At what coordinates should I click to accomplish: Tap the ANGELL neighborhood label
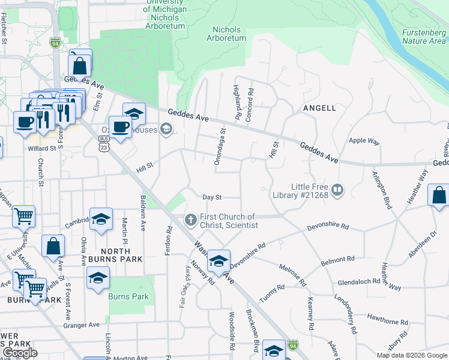[x=319, y=108]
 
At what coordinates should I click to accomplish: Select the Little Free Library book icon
[x=338, y=191]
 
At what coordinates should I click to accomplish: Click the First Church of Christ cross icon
[x=191, y=220]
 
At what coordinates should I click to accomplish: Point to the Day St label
[x=212, y=197]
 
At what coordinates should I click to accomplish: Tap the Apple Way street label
[x=364, y=141]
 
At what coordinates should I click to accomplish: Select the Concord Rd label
[x=250, y=103]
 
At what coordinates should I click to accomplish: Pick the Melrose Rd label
[x=293, y=273]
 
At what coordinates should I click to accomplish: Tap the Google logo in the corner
[x=20, y=353]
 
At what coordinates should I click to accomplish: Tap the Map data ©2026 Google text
[x=411, y=355]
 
